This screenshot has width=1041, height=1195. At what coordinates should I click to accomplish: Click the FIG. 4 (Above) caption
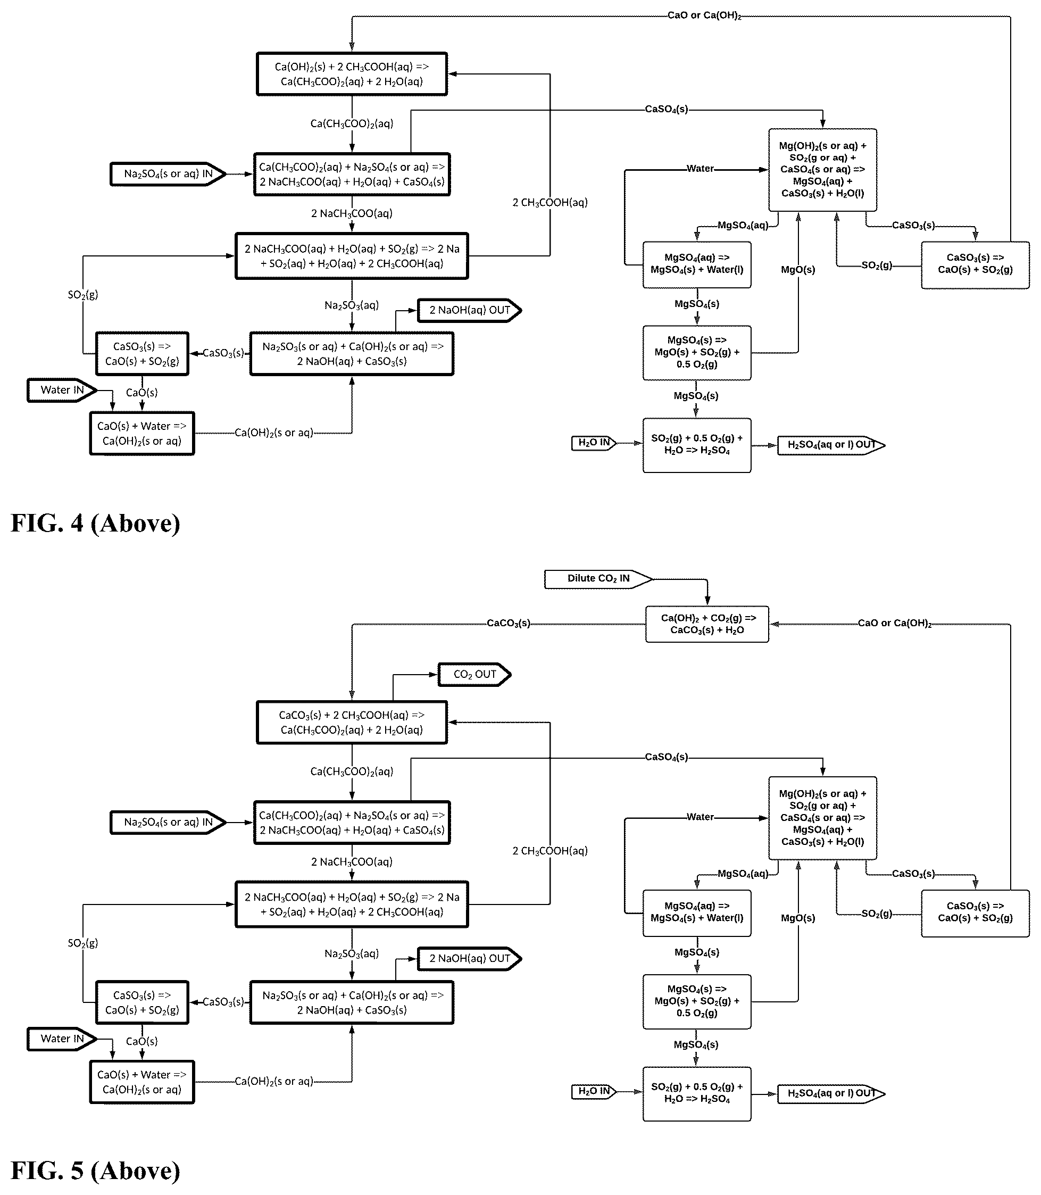click(95, 523)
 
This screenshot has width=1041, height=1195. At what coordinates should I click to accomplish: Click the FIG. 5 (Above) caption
click(95, 1171)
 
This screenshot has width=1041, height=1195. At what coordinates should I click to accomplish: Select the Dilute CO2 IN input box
click(598, 579)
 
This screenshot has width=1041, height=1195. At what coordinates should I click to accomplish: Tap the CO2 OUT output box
click(474, 674)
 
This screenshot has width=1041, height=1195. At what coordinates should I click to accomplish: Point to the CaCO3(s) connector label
click(509, 624)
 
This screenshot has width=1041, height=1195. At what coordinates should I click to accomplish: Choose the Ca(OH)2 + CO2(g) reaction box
click(707, 624)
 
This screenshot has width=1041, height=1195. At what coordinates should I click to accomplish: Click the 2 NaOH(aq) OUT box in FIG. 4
click(469, 310)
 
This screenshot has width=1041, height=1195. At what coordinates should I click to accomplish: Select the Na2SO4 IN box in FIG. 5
click(168, 822)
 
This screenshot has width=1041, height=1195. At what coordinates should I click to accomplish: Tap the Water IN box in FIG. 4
click(62, 390)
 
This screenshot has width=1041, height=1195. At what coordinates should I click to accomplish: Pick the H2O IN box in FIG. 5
click(594, 1092)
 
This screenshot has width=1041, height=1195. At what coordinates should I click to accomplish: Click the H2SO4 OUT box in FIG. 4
click(831, 445)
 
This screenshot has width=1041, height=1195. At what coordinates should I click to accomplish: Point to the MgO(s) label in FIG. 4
click(797, 270)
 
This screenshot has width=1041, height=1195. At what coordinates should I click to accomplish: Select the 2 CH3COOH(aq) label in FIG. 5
click(549, 851)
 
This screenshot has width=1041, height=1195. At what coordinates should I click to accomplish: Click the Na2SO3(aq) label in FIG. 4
click(352, 305)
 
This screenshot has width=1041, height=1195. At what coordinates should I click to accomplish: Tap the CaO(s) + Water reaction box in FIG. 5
click(141, 1082)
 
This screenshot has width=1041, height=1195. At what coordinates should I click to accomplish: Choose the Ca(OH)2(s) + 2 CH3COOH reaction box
click(352, 74)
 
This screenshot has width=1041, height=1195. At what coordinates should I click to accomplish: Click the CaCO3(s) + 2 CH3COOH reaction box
click(352, 722)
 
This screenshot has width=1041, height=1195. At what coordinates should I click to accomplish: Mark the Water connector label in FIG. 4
click(700, 169)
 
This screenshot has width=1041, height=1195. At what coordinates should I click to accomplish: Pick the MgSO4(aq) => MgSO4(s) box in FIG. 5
click(696, 912)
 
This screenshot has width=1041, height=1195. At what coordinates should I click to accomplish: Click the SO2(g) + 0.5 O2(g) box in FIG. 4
click(696, 445)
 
